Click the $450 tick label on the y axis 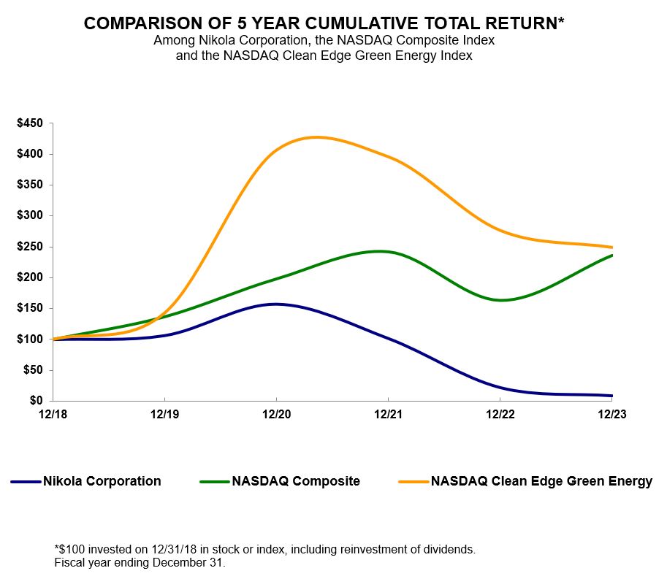point(30,123)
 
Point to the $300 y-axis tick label point(30,216)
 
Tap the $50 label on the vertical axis point(33,370)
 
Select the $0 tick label point(36,401)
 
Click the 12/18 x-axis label point(53,414)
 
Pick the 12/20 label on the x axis point(276,414)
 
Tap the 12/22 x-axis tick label point(500,414)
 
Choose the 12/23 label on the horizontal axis point(611,414)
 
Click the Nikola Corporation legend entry point(102,481)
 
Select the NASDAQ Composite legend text point(295,481)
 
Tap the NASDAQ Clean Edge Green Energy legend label point(541,481)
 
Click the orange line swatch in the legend point(413,482)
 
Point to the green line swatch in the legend point(214,482)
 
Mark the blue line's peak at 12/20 point(276,304)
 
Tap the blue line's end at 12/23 point(611,396)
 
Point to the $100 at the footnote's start point(70,549)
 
